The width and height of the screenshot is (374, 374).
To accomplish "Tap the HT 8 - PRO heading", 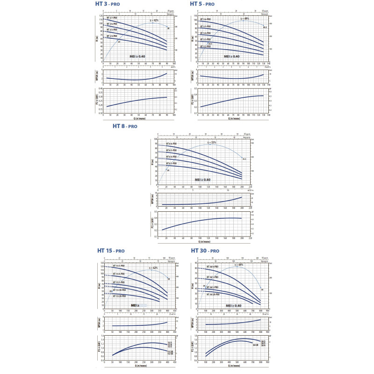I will tap(125, 126).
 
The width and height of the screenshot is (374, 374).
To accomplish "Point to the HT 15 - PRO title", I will tap(111, 251).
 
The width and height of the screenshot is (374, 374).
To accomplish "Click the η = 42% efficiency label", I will tap(154, 21).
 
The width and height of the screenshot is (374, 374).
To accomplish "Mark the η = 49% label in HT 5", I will tap(245, 19).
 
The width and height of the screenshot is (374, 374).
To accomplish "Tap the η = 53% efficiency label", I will tap(213, 142).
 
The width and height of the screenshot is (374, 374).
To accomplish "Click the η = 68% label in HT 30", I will tap(238, 265).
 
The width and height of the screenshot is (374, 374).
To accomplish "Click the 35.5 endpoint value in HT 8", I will tap(245, 159).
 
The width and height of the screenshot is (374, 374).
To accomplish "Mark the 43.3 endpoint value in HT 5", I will tap(265, 27).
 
